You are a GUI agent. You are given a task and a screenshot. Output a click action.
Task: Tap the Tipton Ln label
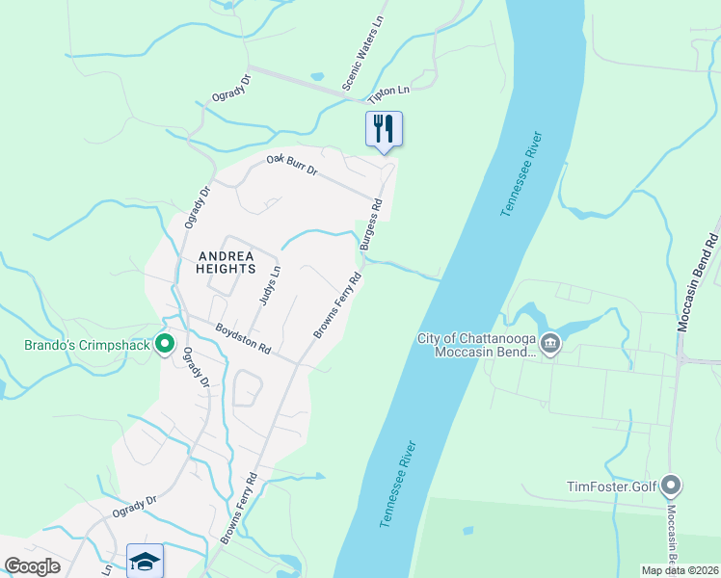pos(388,94)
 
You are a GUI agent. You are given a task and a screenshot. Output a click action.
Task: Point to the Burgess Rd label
pos(372,224)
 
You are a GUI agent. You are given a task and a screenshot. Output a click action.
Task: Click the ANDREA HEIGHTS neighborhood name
pos(226,262)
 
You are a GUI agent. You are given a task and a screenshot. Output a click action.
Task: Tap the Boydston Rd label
pos(243,336)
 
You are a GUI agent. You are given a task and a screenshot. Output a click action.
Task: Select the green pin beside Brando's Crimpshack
pos(165,342)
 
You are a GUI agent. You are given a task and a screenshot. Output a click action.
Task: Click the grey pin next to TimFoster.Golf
pos(672,486)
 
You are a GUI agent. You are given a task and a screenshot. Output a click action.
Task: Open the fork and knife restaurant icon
pos(384,129)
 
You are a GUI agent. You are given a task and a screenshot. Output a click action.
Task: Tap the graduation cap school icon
pos(145,561)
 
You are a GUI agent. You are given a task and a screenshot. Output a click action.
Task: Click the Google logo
pos(32,566)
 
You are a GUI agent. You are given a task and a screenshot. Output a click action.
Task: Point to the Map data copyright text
pos(680,570)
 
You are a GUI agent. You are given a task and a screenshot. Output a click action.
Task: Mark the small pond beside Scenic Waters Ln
pos(318,76)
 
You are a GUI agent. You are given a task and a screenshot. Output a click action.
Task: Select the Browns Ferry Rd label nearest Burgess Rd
pos(337,304)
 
